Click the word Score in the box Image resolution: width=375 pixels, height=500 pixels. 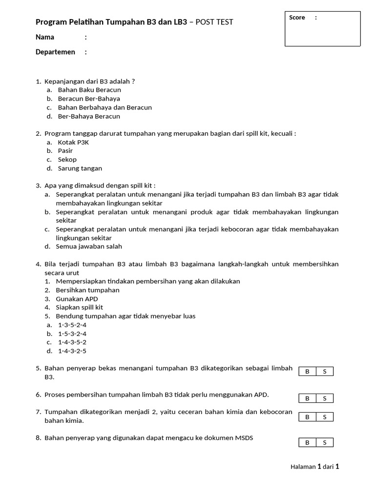[297, 18]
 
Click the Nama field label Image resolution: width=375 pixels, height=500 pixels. [45, 37]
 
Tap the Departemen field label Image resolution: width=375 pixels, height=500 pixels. [55, 52]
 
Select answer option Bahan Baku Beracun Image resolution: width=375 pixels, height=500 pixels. [89, 90]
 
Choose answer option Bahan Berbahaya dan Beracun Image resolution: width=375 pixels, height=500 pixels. [104, 107]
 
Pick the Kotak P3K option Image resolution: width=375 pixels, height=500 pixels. [73, 142]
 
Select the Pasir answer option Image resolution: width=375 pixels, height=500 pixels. [65, 151]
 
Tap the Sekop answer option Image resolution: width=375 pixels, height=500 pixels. [67, 160]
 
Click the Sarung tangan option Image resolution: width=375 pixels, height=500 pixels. [80, 168]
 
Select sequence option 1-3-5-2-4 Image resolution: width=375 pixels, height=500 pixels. [72, 325]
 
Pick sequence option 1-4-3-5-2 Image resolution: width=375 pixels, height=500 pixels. [72, 342]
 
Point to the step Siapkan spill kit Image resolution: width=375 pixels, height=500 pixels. [80, 308]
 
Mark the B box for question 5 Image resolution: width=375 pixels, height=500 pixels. [307, 372]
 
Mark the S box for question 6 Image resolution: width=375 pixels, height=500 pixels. [325, 398]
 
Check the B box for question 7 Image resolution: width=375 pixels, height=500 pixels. [307, 417]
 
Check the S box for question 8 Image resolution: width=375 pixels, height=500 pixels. [325, 443]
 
